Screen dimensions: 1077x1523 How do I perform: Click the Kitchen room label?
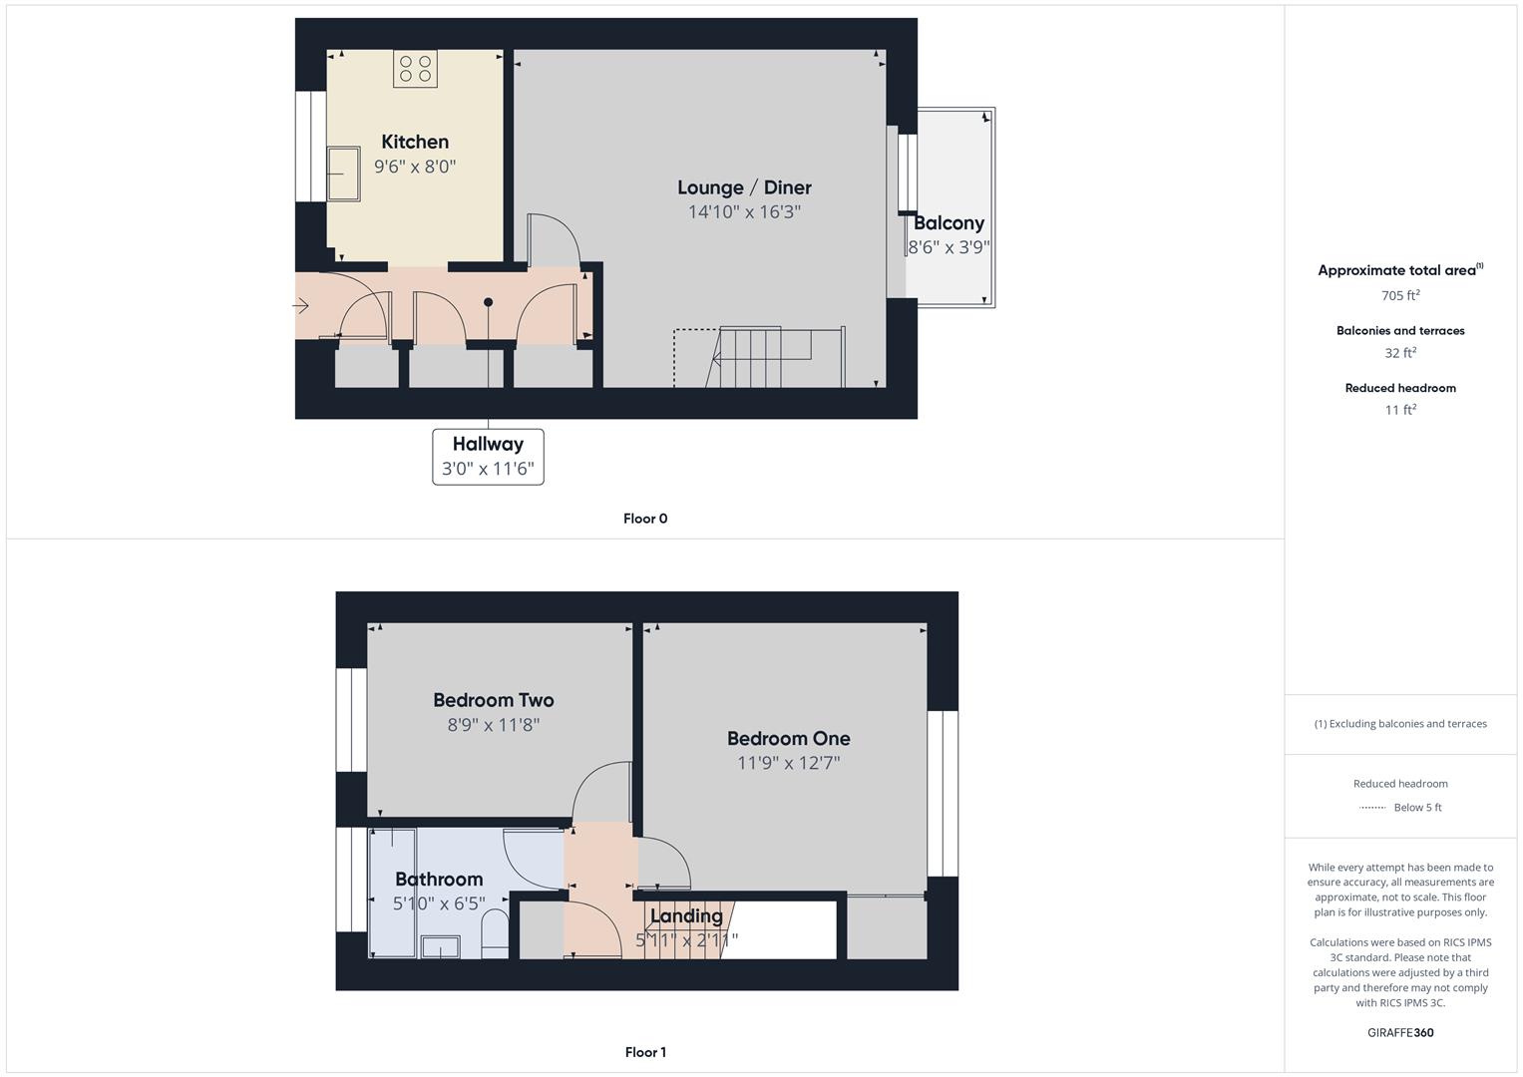[415, 142]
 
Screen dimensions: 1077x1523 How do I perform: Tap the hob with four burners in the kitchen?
[415, 68]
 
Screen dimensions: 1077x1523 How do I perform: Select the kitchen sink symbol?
[344, 174]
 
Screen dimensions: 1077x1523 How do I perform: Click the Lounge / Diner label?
[744, 187]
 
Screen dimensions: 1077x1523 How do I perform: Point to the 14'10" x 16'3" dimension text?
[744, 211]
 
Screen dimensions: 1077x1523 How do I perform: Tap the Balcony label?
[949, 223]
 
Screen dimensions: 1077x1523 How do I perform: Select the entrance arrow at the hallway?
[301, 306]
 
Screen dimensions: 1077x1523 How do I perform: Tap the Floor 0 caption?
[645, 519]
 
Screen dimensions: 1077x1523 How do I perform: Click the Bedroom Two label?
[494, 700]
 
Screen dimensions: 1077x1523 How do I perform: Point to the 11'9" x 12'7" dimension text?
[788, 763]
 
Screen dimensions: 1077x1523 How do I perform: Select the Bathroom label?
[439, 879]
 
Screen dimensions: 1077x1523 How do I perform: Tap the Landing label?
[686, 915]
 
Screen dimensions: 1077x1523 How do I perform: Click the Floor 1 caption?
[645, 1052]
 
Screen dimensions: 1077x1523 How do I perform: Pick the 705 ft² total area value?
[1400, 296]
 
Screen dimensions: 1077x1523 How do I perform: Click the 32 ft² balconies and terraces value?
[1400, 353]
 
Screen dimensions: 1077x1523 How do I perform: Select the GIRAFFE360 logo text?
[1400, 1033]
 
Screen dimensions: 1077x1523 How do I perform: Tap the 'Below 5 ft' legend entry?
[1416, 808]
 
